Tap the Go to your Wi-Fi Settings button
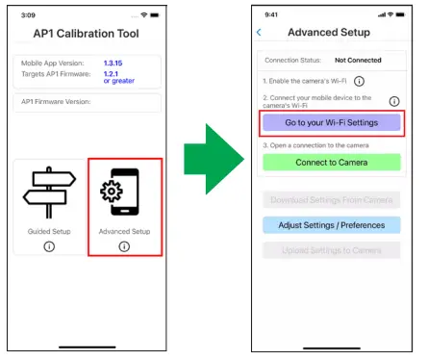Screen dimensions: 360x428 coord(331,123)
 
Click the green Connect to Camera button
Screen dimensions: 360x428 coord(331,162)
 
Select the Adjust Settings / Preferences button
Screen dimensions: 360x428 coord(331,225)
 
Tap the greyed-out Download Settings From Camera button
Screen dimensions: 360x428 coord(331,200)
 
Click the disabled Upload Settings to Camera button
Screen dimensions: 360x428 coord(331,250)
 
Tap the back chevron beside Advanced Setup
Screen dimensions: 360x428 coord(259,33)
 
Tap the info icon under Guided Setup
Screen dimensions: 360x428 coord(48,246)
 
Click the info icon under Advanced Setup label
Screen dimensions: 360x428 coord(124,246)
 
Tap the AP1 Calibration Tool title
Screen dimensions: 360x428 coord(87,35)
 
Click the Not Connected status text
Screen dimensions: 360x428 coord(358,60)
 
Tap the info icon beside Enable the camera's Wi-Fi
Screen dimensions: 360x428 coord(359,82)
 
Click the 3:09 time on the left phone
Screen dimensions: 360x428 coord(28,14)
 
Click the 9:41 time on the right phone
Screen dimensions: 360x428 coord(272,14)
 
